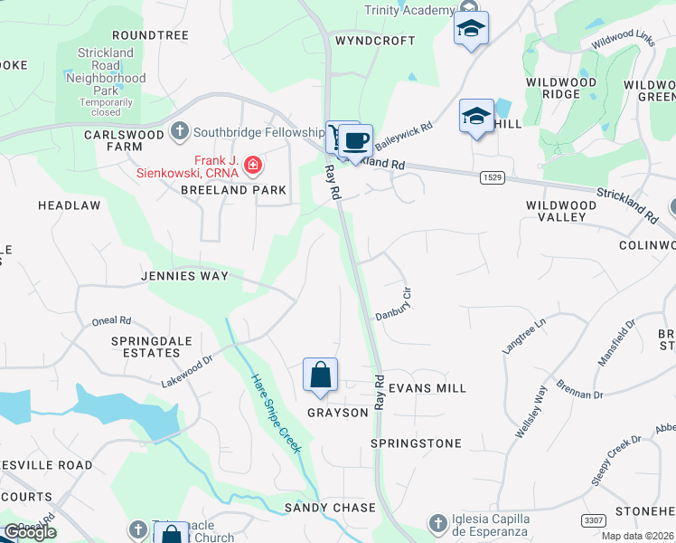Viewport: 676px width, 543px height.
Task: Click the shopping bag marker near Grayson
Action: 320,376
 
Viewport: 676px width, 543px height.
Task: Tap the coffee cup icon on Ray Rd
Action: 357,141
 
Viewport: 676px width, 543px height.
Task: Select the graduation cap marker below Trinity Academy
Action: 471,29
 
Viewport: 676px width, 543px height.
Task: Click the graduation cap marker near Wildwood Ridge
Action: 476,117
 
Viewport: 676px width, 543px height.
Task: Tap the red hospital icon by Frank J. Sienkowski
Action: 254,165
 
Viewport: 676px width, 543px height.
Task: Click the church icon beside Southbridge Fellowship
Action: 180,129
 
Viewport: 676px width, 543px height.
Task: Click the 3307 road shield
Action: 594,519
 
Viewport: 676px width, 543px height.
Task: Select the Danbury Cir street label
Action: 394,303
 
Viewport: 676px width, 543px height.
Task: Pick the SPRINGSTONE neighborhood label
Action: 416,443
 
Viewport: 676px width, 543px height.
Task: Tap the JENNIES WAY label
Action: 184,275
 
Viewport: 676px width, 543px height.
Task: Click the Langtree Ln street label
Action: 524,335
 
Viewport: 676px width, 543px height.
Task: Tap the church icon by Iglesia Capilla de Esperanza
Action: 437,522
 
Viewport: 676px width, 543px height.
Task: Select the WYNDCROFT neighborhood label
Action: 375,41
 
